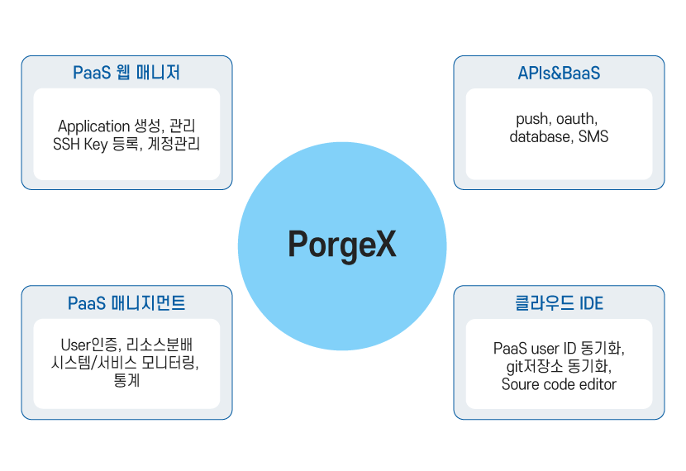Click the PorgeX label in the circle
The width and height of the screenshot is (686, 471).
[x=342, y=245]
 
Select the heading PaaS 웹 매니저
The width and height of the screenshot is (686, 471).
[x=126, y=73]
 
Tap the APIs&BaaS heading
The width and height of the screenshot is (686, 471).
[x=559, y=73]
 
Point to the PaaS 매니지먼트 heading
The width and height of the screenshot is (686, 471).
[x=126, y=303]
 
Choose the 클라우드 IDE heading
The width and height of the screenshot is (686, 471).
[x=559, y=303]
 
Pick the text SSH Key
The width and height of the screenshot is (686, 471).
[x=80, y=145]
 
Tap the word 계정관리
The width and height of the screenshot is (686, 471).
[x=174, y=144]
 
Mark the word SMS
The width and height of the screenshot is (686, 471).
[x=593, y=137]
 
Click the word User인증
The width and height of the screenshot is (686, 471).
[x=91, y=345]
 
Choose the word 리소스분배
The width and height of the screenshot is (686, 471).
[x=160, y=345]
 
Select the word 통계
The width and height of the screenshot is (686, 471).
[x=126, y=380]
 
